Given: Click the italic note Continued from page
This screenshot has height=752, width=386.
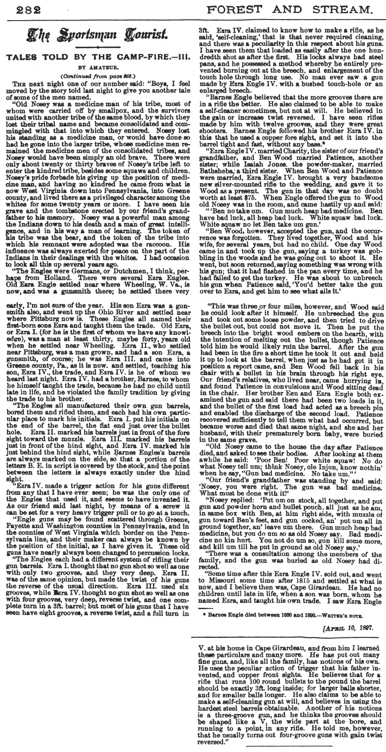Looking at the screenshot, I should pyautogui.click(x=94, y=76).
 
